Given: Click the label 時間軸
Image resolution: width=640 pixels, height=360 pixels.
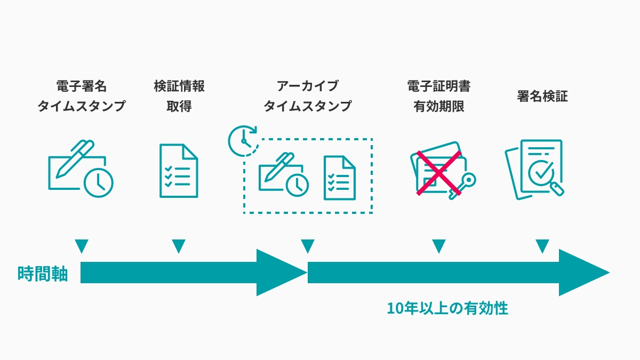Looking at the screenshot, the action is click(x=43, y=274).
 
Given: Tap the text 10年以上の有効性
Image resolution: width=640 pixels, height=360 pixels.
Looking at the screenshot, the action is click(x=447, y=308).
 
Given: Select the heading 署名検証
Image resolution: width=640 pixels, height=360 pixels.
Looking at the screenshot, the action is click(x=542, y=96).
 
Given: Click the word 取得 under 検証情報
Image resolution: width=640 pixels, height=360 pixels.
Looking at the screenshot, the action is click(x=179, y=106).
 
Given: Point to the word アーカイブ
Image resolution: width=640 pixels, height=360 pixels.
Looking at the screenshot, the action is click(x=307, y=86).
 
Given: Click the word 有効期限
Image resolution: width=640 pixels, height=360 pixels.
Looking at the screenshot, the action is click(x=439, y=106).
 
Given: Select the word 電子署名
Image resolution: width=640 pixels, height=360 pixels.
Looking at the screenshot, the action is click(x=82, y=86).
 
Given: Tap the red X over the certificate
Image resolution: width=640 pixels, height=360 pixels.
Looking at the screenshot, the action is click(x=439, y=173).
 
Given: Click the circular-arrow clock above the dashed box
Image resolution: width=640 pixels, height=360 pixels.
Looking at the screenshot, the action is click(x=243, y=141).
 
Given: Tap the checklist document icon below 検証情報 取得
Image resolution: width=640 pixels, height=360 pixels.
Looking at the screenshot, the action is click(x=179, y=171).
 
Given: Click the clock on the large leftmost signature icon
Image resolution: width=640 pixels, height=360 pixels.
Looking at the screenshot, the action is click(x=98, y=182).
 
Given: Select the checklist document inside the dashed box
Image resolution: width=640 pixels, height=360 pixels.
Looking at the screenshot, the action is click(x=340, y=178).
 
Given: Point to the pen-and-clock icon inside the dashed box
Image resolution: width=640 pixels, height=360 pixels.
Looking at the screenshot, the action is click(x=284, y=174).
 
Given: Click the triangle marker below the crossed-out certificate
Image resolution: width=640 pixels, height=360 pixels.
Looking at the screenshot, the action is click(x=439, y=246).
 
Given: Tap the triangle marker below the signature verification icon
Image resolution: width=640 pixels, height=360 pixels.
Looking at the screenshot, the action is click(x=542, y=246).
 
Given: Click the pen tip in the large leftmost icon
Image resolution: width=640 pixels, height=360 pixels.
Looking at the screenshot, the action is click(x=59, y=175).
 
